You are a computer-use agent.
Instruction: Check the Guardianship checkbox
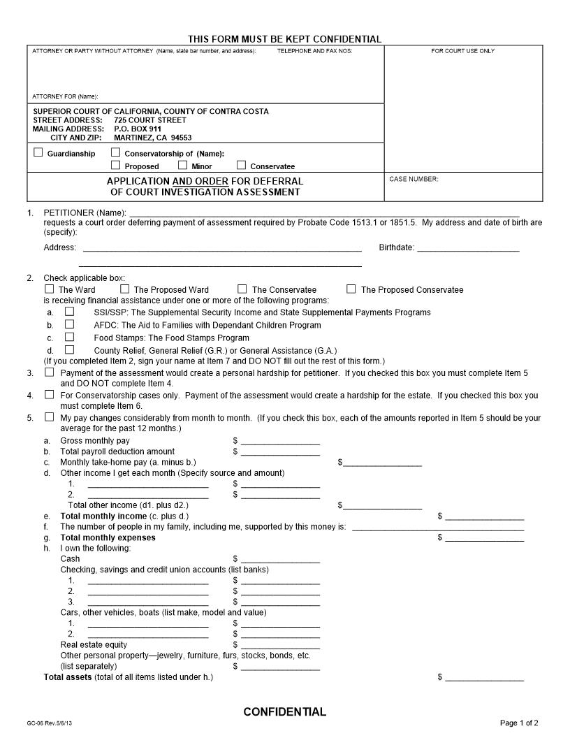tap(38, 152)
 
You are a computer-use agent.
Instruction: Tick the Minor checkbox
tap(182, 166)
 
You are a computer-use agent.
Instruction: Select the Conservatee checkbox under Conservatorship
tap(241, 166)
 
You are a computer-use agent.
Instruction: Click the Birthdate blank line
tap(468, 248)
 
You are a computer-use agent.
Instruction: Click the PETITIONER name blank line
tap(324, 212)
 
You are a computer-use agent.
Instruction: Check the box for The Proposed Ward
tap(124, 289)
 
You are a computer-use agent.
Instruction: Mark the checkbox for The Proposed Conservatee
tap(351, 289)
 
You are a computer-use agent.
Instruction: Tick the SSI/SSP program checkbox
tap(69, 312)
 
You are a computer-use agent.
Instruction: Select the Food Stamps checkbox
tap(69, 337)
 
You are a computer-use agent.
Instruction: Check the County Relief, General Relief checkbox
tap(69, 349)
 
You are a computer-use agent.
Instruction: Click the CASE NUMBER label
tap(414, 180)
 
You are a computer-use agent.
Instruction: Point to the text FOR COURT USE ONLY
tap(462, 51)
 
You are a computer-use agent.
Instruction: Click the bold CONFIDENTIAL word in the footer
tap(284, 712)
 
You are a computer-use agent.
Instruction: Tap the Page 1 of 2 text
tap(519, 723)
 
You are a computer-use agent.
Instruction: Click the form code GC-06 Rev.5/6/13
tap(49, 723)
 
